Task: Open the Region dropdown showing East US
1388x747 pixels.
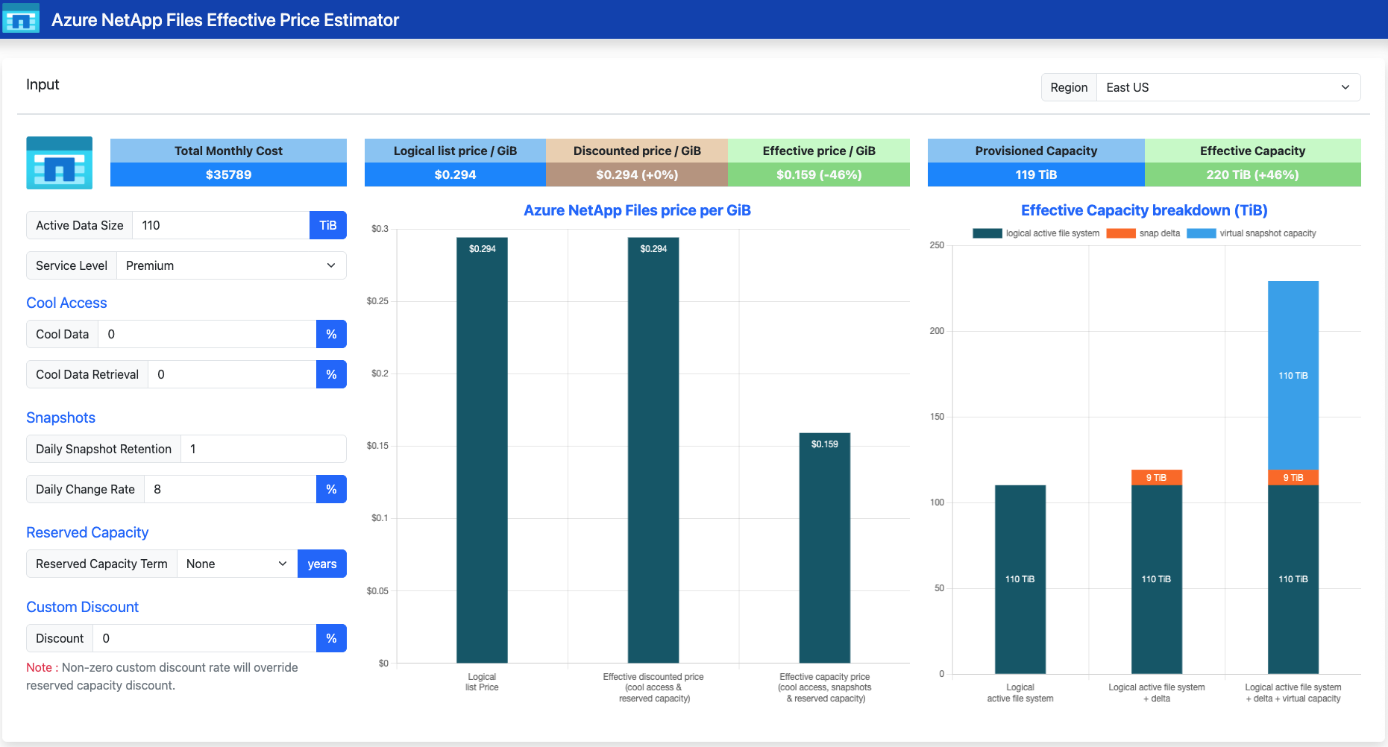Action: (x=1228, y=87)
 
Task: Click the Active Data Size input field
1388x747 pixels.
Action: (x=221, y=225)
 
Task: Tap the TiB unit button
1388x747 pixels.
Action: (x=328, y=225)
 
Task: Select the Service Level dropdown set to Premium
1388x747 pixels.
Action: (x=231, y=265)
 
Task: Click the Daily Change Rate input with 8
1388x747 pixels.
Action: (x=230, y=489)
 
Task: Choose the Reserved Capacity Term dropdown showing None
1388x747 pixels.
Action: (x=237, y=564)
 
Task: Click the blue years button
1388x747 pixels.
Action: (x=322, y=564)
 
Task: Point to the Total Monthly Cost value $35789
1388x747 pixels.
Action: (x=228, y=174)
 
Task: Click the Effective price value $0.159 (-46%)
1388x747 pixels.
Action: (x=819, y=174)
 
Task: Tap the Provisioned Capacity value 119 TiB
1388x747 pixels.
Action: (x=1036, y=174)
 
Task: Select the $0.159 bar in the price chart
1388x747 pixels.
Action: (x=825, y=548)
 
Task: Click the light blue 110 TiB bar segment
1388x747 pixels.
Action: (x=1293, y=375)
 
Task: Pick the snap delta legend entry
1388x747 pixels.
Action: (x=1143, y=233)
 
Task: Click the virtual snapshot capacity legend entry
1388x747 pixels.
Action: (x=1252, y=233)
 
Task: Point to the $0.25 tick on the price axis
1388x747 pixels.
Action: (x=377, y=301)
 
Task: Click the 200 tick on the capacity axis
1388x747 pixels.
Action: (x=937, y=331)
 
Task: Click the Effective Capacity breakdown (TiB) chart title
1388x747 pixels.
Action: (x=1144, y=210)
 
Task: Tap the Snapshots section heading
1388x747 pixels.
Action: (x=60, y=417)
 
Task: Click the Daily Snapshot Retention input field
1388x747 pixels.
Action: (x=263, y=449)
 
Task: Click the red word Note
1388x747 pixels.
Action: (x=39, y=667)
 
